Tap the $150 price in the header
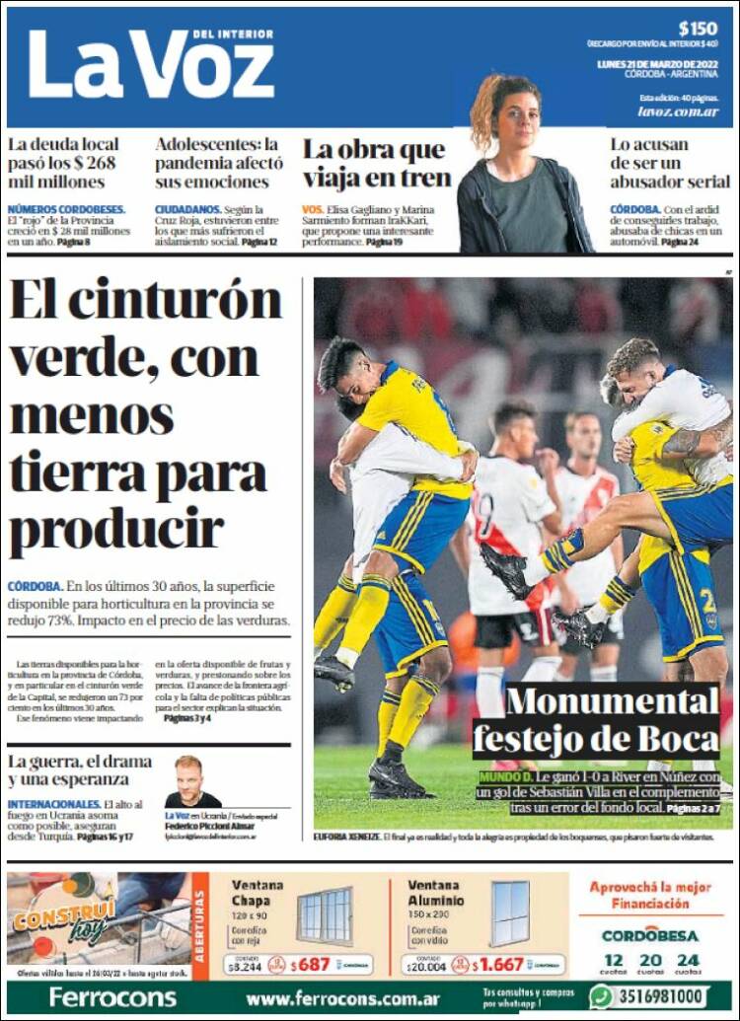point(698,28)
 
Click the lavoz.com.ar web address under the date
point(678,111)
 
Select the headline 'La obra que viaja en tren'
point(376,164)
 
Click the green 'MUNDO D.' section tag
point(505,777)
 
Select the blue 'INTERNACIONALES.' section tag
point(53,804)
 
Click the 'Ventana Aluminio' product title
point(435,893)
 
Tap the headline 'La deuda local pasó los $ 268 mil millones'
point(64,163)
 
